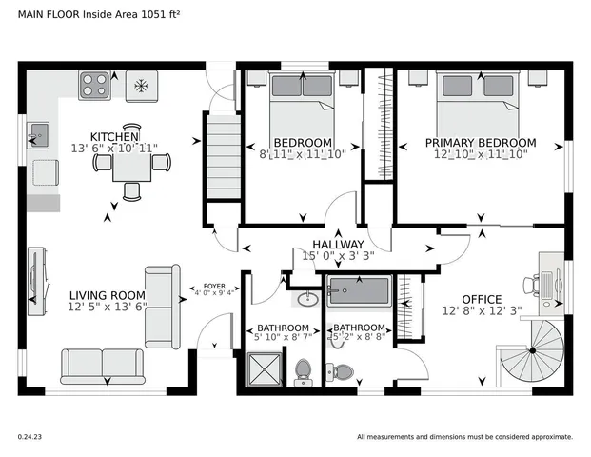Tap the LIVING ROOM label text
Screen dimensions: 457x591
[108, 295]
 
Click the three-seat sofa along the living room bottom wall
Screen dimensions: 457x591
[102, 365]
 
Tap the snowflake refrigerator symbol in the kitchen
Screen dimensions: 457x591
[140, 87]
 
